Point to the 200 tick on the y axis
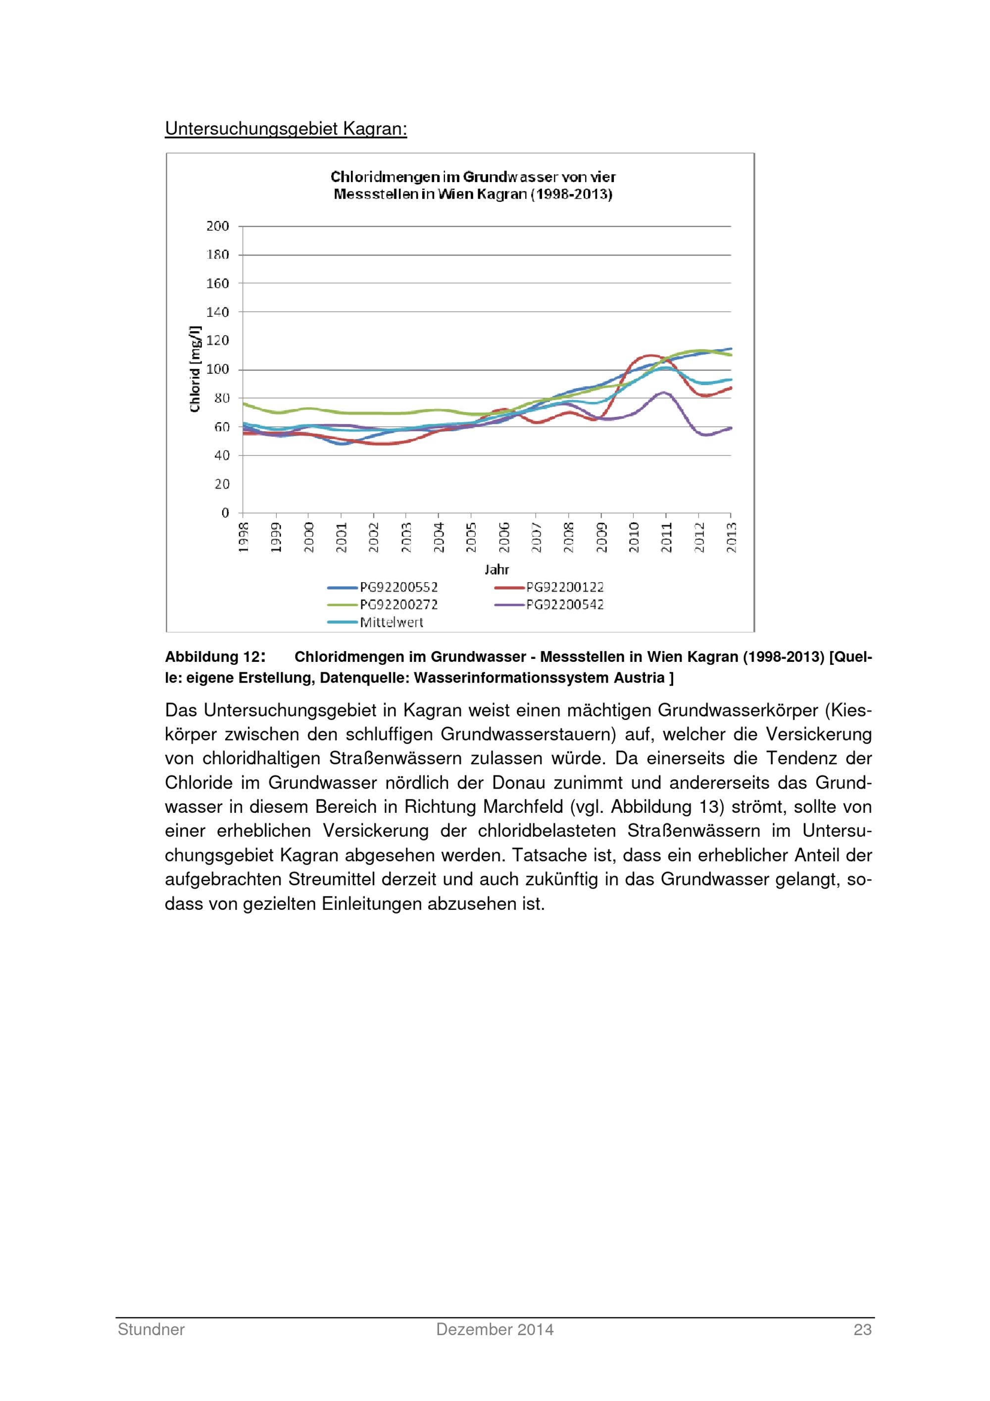pos(218,226)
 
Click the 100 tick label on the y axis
pos(218,369)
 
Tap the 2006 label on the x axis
pos(504,537)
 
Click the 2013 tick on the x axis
pos(732,537)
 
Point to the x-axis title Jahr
pos(496,569)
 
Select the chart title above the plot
pos(473,186)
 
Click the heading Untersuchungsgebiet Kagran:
pos(286,129)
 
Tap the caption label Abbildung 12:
pos(215,657)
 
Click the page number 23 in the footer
pos(862,1330)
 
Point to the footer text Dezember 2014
pos(495,1330)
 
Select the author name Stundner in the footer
pos(151,1330)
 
